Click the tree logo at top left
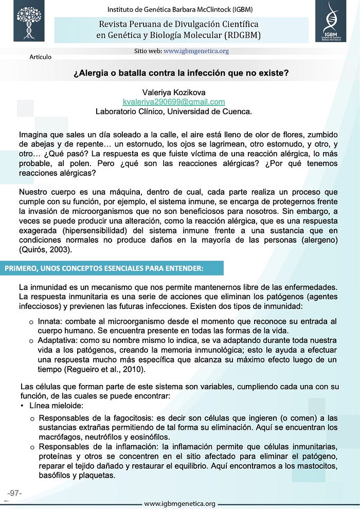29,21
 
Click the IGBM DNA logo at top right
330,21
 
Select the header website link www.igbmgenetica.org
196,51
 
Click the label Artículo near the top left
41,57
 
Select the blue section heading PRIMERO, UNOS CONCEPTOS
104,268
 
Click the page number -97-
14,493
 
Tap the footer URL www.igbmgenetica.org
179,504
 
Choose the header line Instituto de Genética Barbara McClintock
179,9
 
